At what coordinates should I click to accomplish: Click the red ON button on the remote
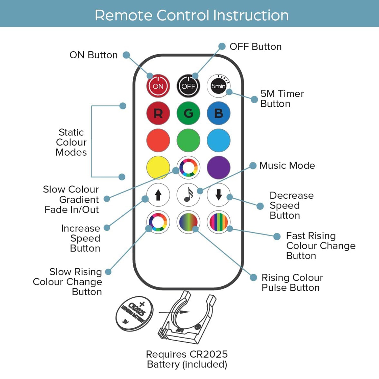click(158, 86)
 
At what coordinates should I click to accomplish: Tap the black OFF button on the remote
click(188, 86)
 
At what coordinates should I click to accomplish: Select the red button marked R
click(158, 113)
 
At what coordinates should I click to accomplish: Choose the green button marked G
click(188, 113)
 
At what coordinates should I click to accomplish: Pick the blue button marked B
click(219, 113)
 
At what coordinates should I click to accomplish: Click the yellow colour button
click(158, 168)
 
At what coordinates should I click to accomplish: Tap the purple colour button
click(219, 168)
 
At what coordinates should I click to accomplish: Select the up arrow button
click(158, 195)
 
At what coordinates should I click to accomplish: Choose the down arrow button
click(219, 195)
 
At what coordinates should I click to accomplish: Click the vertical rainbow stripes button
click(219, 222)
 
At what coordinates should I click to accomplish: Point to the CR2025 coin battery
click(134, 313)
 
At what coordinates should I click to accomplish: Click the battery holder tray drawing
click(187, 318)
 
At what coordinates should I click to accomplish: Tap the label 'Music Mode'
click(287, 165)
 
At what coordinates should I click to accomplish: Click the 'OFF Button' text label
click(255, 47)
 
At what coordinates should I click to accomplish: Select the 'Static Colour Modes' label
click(71, 142)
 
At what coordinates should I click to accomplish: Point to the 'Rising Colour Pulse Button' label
click(292, 282)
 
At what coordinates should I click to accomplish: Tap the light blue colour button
click(219, 140)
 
